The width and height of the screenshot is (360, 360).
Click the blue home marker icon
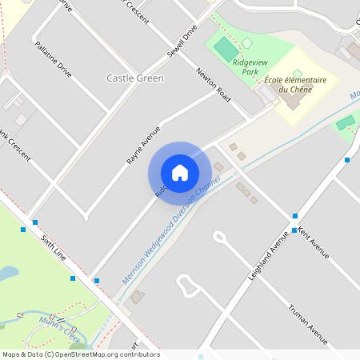(180, 173)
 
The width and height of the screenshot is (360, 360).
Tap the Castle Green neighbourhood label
(134, 78)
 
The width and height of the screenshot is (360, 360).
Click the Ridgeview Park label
(246, 66)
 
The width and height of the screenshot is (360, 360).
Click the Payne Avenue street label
(143, 145)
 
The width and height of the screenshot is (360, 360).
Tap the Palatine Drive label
(54, 59)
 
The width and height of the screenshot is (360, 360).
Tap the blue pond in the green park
(8, 274)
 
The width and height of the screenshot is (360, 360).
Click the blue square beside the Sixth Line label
(35, 222)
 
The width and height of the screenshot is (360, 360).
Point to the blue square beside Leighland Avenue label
(294, 230)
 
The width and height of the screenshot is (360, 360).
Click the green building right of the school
(346, 122)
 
